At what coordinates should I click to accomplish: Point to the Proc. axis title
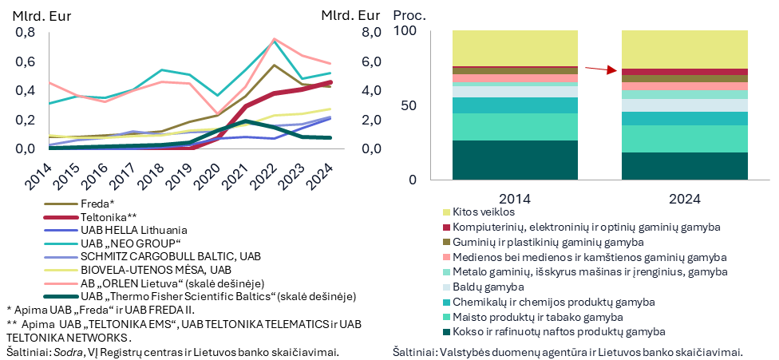pos(411,15)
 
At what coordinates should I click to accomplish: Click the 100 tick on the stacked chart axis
pos(406,31)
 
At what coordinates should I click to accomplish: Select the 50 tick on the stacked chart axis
pos(409,106)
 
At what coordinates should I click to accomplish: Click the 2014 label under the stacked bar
pos(516,197)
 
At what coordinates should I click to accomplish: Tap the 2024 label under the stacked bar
pos(684,197)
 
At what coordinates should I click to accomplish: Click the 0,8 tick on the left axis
pos(26,33)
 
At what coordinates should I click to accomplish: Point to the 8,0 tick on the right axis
pos(373,33)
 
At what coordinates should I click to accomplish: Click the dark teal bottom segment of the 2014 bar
pos(515,160)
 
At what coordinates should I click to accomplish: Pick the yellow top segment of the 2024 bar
pos(684,49)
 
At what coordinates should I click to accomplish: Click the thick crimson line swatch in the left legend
pos(61,216)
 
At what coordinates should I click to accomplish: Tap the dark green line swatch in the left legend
pos(61,296)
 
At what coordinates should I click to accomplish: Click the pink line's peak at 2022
pos(275,38)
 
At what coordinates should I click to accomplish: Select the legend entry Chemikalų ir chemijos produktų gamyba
pos(554,303)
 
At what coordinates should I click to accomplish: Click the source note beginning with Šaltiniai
pos(568,351)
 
